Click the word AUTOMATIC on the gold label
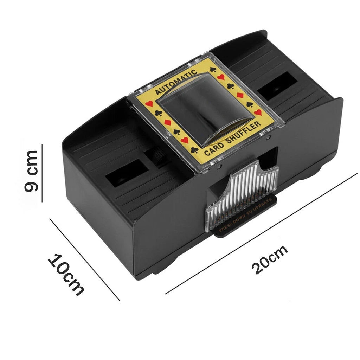point(176,82)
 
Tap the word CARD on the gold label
point(214,149)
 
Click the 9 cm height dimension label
point(31,171)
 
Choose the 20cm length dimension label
point(270,259)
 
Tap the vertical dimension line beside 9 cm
point(42,173)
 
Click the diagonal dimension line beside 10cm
point(85,259)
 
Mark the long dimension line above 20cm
point(261,233)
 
